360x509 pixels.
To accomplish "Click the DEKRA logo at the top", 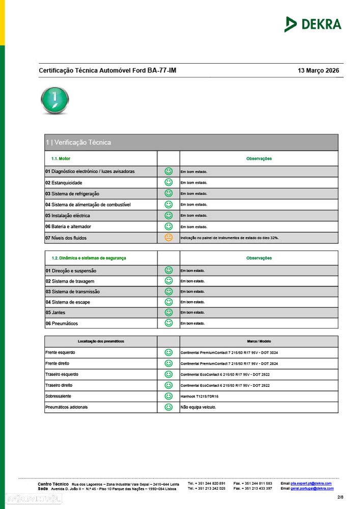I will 313,24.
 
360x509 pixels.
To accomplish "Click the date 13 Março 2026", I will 318,71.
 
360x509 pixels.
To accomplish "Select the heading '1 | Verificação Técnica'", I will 78,143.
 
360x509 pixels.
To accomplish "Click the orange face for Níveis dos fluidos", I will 169,238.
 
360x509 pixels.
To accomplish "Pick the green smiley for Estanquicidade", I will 169,182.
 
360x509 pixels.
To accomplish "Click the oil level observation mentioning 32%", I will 230,238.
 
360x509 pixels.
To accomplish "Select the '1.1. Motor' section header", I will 61,159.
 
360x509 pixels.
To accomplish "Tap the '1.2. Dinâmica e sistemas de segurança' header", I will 89,258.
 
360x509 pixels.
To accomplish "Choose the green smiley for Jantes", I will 169,313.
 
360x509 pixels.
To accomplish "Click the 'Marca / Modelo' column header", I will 259,341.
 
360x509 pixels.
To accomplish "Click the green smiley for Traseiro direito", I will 169,385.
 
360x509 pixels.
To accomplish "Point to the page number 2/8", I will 340,497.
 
